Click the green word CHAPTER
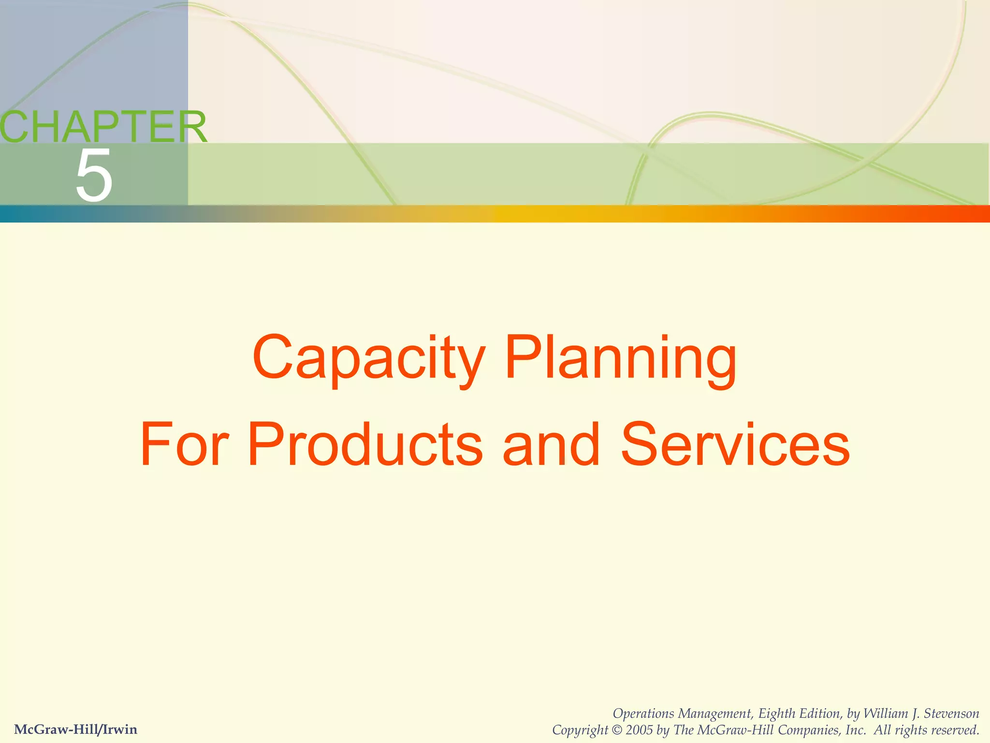[x=103, y=127]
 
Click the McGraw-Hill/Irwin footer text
[x=76, y=729]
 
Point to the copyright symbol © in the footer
[x=617, y=730]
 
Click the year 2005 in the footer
[x=639, y=730]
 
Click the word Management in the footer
[x=715, y=713]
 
